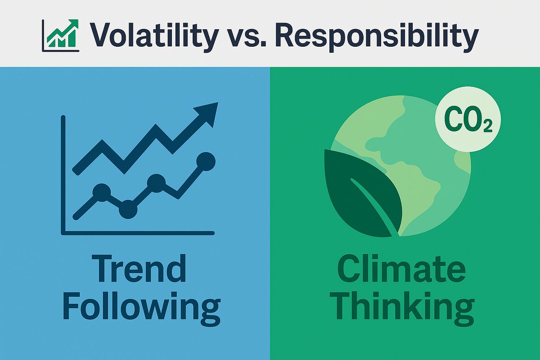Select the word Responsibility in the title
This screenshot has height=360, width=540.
point(375,35)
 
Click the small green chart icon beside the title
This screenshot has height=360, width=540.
point(60,34)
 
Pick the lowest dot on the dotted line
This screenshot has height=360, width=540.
point(128,209)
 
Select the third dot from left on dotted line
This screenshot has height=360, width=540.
point(157,182)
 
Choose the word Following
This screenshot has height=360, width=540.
point(141,308)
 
